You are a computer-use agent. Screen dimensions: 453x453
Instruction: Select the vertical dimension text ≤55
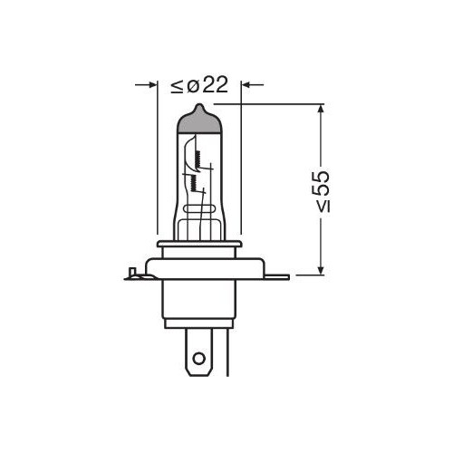[x=321, y=190]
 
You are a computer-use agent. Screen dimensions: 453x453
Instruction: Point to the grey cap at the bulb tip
[x=200, y=118]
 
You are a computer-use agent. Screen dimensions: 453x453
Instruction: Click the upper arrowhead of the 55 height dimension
[x=320, y=110]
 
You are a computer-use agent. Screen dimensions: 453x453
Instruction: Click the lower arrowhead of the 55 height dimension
[x=320, y=269]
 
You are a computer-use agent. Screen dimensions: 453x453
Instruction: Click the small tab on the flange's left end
[x=134, y=272]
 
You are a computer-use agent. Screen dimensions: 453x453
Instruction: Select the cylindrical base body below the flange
[x=200, y=304]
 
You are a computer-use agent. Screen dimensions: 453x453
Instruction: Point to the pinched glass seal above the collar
[x=200, y=222]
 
